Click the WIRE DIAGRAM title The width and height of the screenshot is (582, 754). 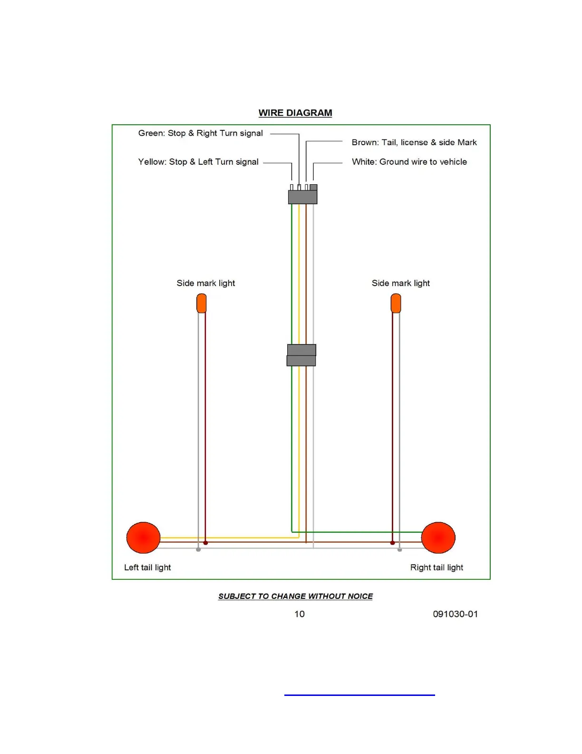pos(295,113)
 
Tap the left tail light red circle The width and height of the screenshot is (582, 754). pos(143,537)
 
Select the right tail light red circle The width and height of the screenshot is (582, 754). pos(438,537)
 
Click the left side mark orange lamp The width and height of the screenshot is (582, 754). pos(202,303)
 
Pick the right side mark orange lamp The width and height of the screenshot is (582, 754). pos(396,303)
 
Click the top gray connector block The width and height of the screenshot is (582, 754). pos(302,196)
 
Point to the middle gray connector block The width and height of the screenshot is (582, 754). pos(301,355)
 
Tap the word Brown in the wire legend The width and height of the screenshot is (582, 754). pos(364,142)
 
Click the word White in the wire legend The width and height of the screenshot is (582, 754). pos(364,162)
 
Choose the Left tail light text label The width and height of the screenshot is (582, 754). pos(147,567)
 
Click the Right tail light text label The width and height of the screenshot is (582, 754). pos(436,567)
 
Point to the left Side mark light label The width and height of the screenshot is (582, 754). pos(206,283)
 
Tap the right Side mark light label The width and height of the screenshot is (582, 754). pos(401,283)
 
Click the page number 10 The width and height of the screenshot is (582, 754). pos(300,614)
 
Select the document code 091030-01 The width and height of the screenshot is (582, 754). pos(455,614)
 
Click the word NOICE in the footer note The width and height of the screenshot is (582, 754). pos(360,596)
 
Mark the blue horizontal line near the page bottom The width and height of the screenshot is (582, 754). pos(359,695)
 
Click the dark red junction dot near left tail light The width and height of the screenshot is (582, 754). pos(205,543)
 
